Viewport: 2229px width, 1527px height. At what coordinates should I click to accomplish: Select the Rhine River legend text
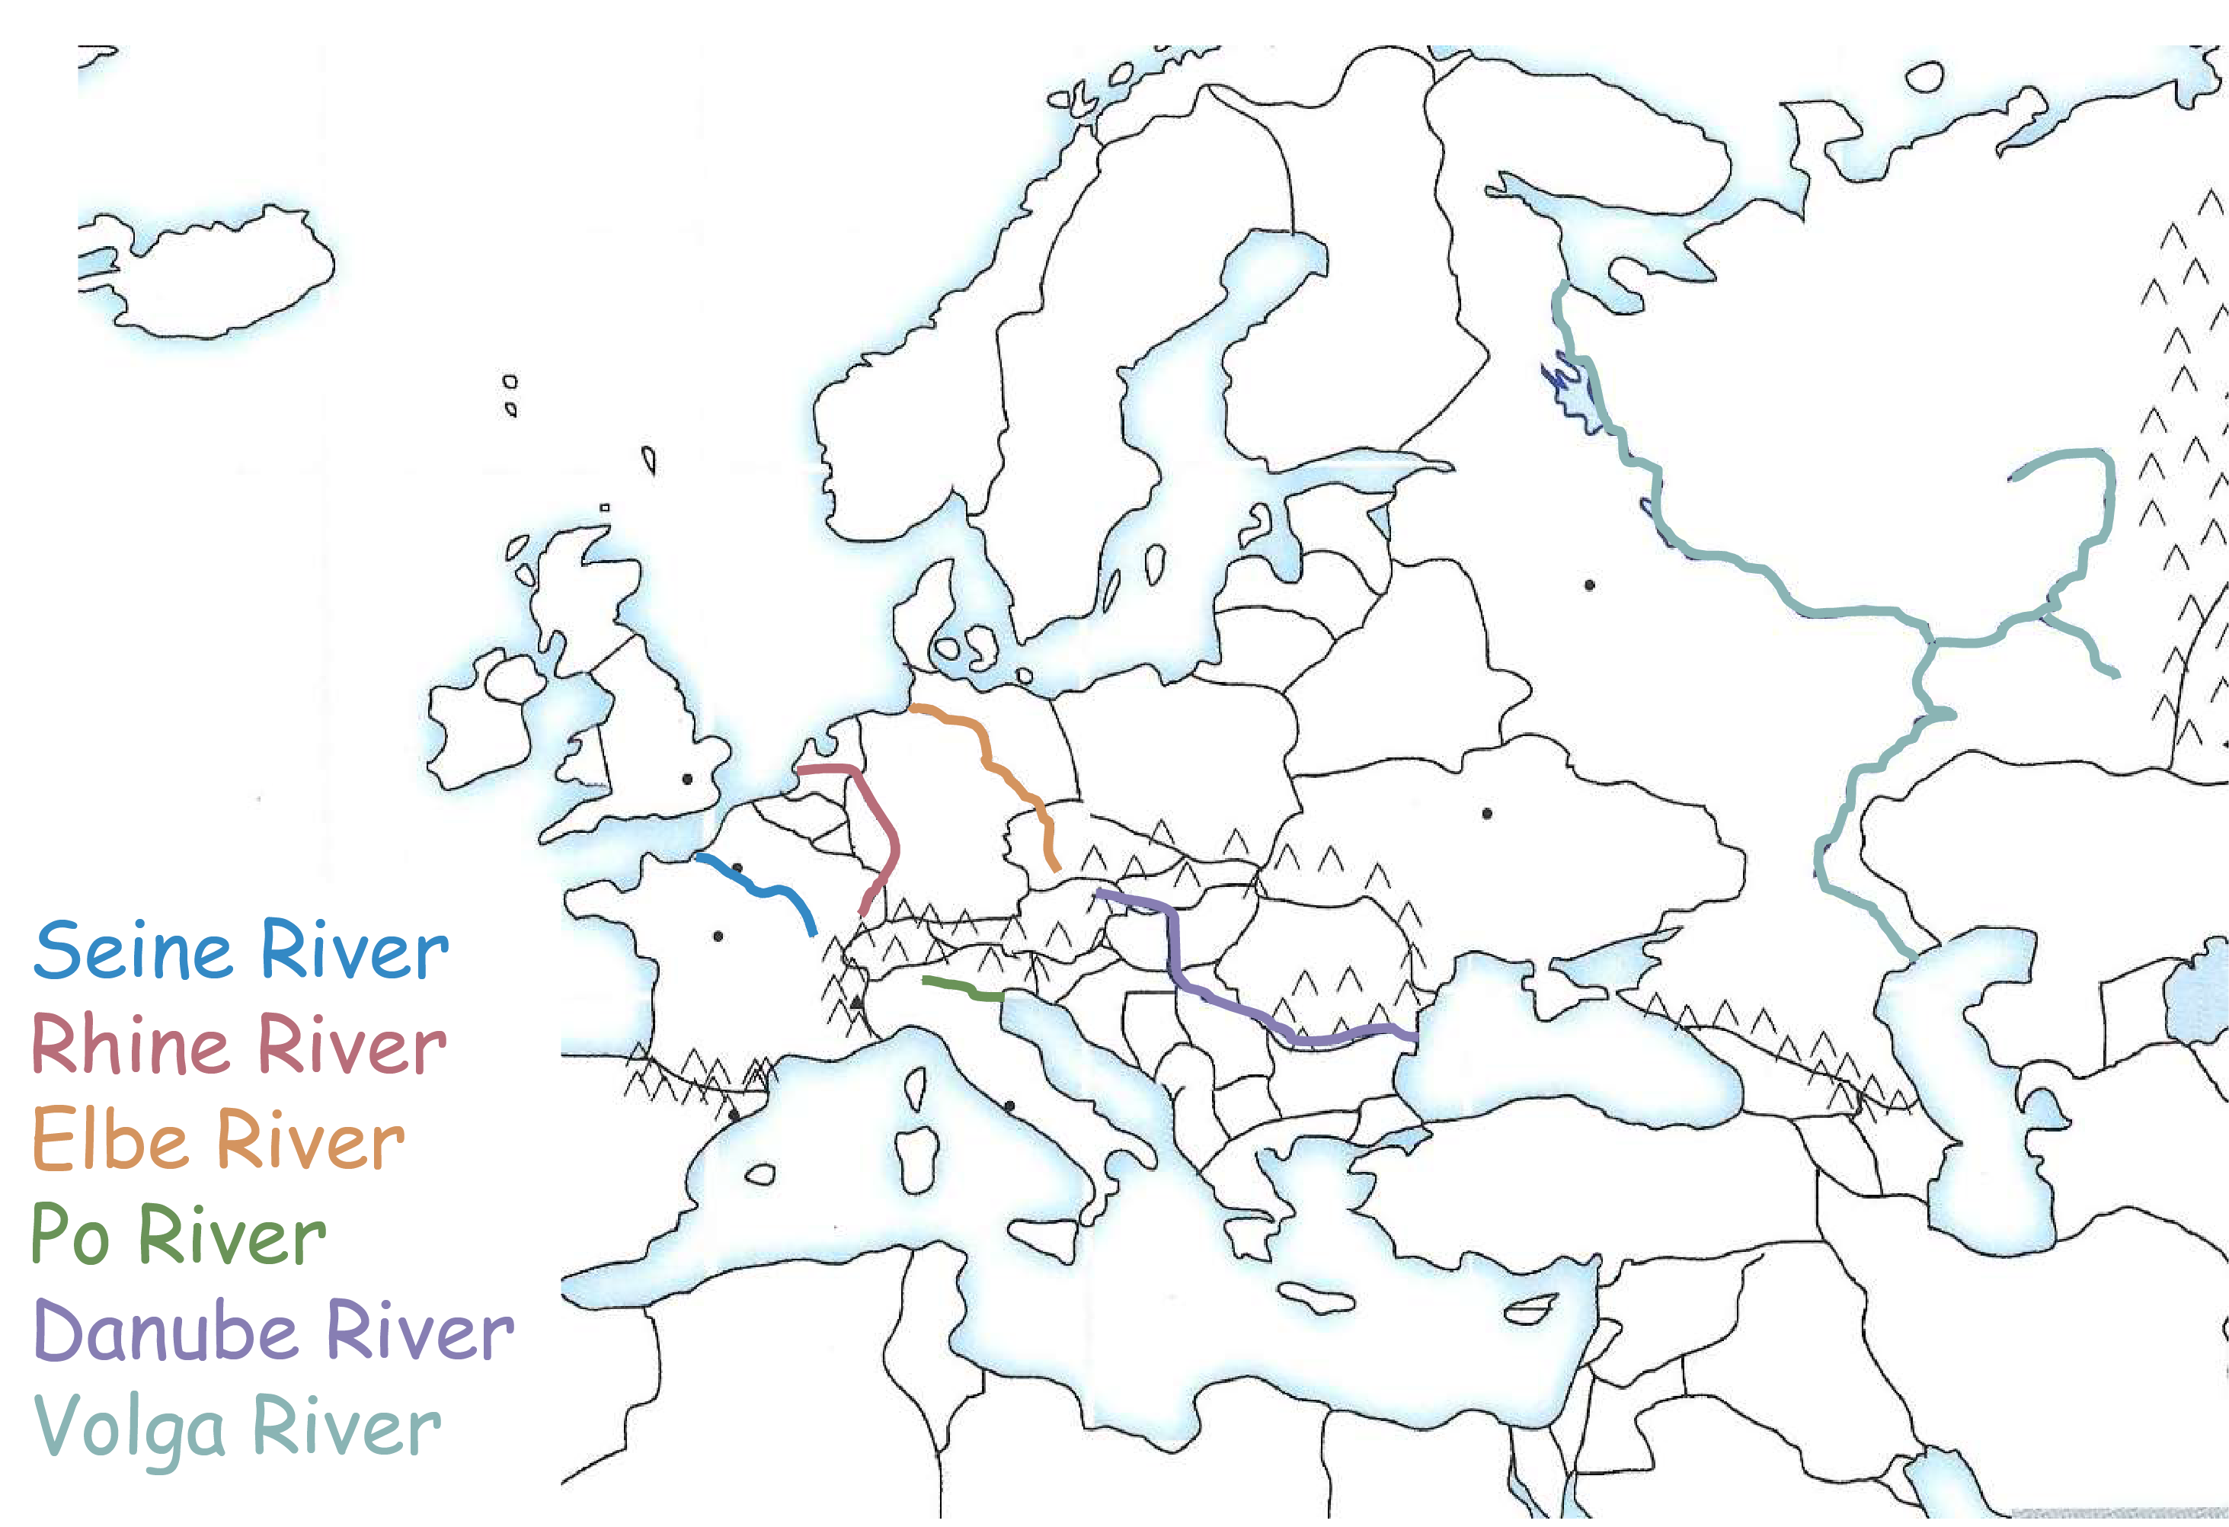[239, 1045]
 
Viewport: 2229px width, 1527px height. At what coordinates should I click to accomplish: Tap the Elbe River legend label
[219, 1139]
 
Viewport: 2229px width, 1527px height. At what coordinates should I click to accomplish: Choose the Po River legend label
[178, 1234]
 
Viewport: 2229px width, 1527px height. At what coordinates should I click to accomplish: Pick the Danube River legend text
[273, 1330]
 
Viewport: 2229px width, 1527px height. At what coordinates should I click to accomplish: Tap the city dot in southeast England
[686, 779]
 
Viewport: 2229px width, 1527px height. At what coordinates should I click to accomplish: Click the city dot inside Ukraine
[1487, 813]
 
